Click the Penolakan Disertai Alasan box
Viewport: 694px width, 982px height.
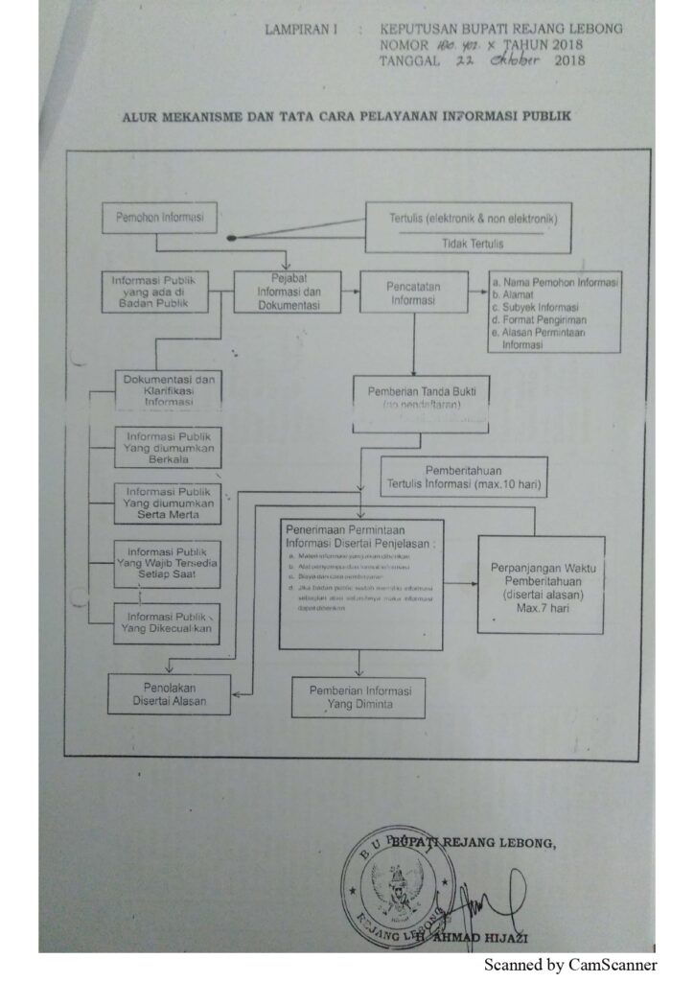pos(169,693)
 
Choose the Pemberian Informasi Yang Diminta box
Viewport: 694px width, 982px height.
pos(359,697)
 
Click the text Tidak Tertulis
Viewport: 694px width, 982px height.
pos(473,244)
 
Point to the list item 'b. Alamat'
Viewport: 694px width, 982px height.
pos(515,296)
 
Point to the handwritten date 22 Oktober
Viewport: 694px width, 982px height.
pos(488,60)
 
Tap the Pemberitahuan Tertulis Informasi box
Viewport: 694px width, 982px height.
pos(464,477)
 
